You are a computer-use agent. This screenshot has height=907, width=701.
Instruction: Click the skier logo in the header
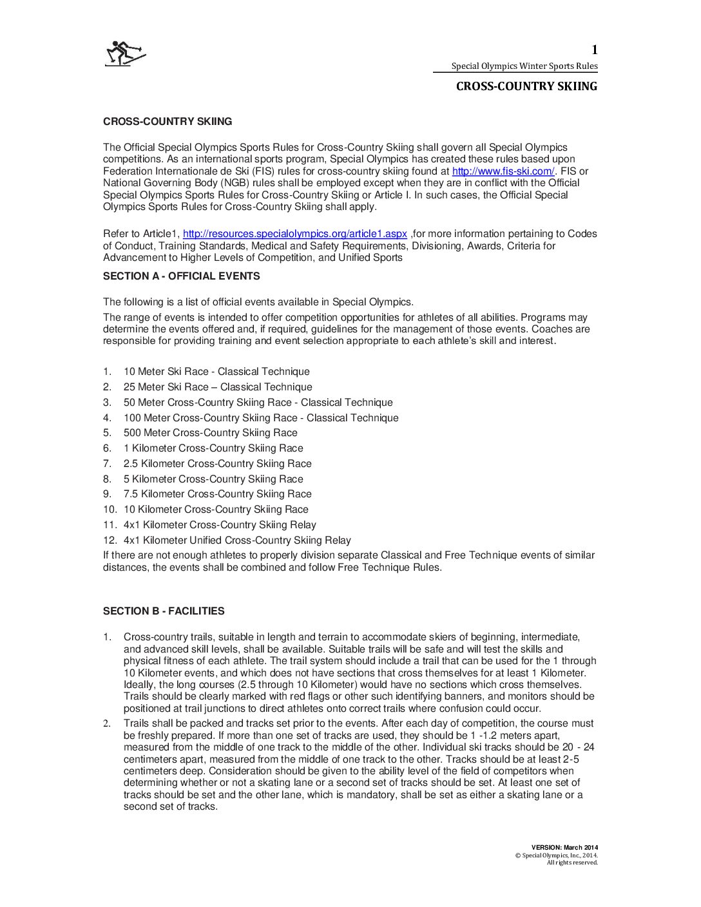126,53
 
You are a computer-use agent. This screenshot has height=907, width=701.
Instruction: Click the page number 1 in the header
595,50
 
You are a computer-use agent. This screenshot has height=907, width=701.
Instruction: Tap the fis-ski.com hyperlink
503,171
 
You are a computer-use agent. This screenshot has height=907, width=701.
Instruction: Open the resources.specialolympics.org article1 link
294,234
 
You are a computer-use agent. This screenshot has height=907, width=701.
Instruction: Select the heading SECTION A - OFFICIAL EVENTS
181,276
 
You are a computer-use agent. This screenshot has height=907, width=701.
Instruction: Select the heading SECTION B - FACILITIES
164,611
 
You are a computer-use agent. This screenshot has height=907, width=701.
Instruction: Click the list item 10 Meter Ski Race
216,372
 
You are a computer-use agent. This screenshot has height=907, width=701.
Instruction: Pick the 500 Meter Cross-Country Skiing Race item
210,433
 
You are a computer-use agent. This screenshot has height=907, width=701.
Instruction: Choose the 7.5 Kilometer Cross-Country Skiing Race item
217,494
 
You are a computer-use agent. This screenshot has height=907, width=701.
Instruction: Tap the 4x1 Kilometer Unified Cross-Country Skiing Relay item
237,540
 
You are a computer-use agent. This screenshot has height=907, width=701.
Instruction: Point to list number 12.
110,540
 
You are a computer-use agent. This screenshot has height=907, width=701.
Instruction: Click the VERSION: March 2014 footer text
564,848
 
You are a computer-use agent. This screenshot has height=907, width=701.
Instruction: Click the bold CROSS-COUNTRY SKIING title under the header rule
526,86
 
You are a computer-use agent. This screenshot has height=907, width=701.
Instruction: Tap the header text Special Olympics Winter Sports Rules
524,66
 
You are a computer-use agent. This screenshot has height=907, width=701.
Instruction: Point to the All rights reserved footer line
572,863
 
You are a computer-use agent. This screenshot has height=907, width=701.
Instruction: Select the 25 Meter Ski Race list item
218,387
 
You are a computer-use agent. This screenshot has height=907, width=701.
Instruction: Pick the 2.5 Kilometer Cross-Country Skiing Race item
217,464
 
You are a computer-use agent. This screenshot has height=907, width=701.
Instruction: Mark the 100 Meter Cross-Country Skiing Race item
261,418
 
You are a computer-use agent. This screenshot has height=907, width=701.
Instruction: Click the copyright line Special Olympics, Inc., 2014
557,855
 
